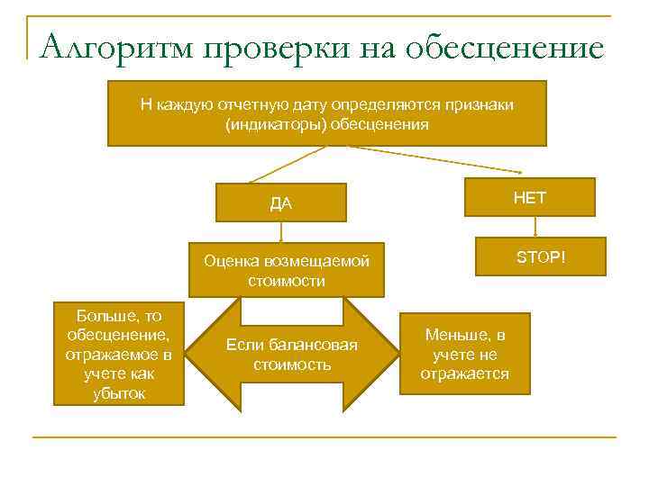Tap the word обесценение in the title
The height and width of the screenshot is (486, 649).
coord(506,46)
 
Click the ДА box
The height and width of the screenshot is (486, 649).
coord(281,202)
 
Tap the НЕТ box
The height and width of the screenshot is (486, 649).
coord(530,197)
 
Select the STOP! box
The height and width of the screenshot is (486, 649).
coord(541,258)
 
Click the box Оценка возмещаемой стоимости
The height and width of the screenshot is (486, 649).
coord(287,270)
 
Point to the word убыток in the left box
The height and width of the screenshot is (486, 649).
coord(119,393)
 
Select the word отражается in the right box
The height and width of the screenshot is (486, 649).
coord(465,373)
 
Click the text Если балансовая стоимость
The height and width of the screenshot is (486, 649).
coord(292,355)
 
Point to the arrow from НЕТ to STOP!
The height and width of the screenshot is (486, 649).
coord(535,230)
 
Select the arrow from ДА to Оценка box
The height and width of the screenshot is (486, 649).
coord(281,232)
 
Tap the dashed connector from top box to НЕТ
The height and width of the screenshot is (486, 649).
coord(442,160)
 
